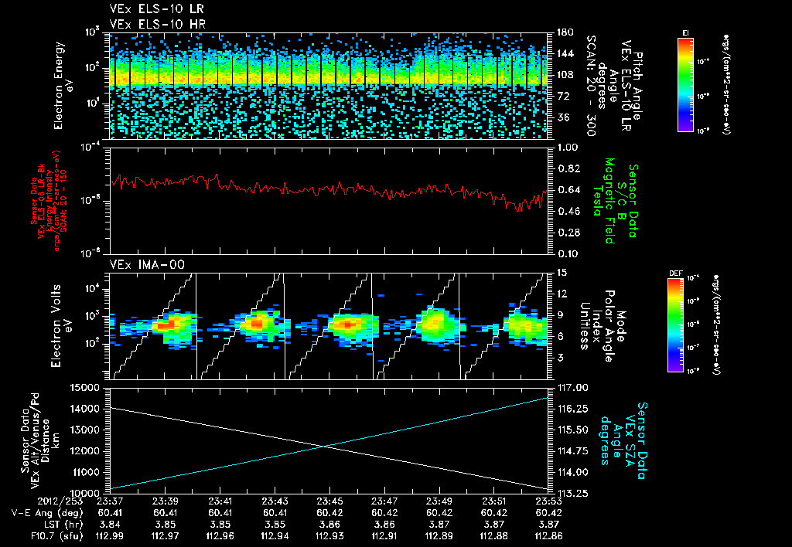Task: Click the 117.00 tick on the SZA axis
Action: point(568,387)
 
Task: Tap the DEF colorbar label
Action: point(675,273)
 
